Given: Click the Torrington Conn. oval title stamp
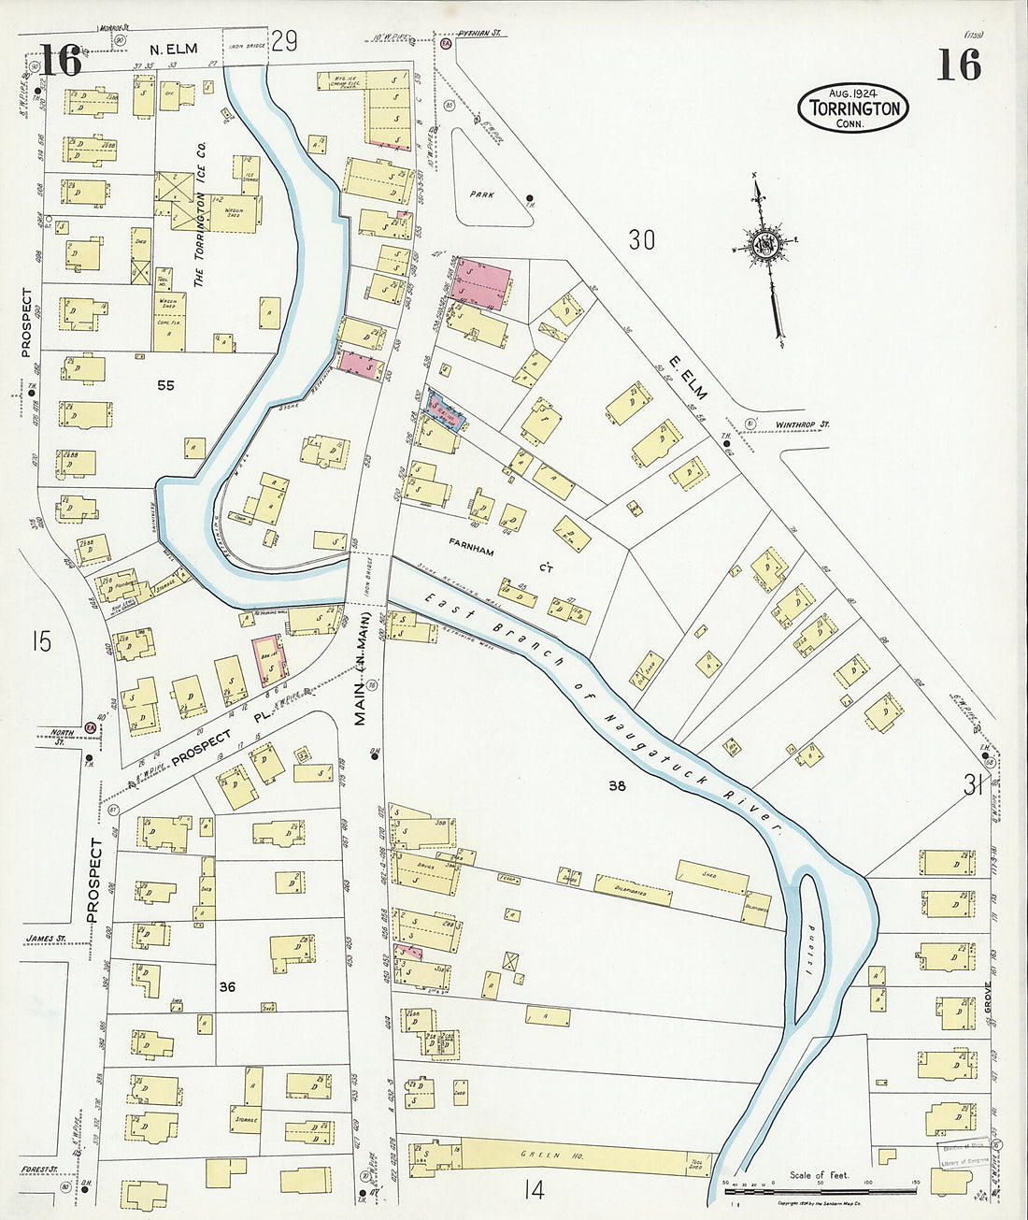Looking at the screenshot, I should [852, 108].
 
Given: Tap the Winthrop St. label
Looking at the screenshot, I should [803, 424].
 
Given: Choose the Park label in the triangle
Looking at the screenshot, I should [482, 195].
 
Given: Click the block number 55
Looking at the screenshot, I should [165, 384].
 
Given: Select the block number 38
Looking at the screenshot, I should [617, 786].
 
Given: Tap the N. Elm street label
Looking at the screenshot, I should [175, 49].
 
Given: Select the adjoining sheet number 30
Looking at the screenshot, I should [641, 240].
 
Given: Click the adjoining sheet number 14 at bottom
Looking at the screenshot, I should [534, 1190].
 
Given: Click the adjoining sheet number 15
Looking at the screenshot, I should [39, 642].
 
